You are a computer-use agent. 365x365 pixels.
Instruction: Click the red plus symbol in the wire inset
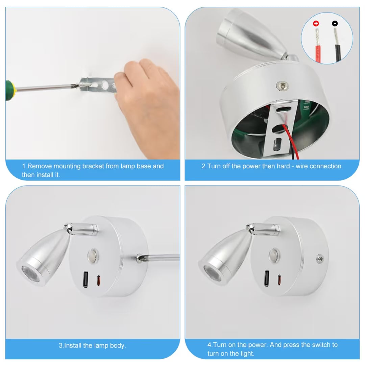coord(316,23)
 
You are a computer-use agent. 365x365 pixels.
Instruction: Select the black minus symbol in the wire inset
coord(335,23)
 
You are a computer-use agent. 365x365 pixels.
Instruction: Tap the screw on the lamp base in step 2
coord(282,86)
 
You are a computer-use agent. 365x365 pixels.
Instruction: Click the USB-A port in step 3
coord(86,279)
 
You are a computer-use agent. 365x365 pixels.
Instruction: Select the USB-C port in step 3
coord(98,280)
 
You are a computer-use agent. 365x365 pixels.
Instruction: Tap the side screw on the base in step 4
coord(320,259)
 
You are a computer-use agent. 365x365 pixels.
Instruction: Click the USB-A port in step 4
coord(267,278)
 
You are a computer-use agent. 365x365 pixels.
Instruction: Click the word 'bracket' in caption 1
coord(93,166)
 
